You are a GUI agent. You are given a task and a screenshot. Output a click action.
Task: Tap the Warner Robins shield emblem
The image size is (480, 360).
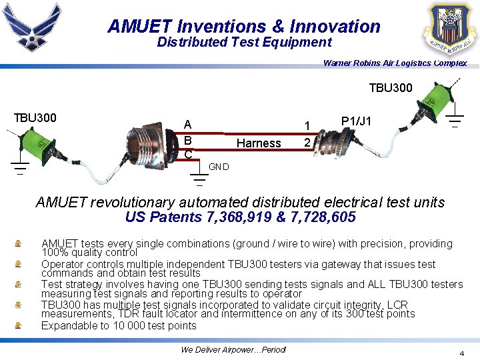tap(451, 30)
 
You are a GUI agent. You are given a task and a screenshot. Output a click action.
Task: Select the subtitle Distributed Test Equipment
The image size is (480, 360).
tap(244, 43)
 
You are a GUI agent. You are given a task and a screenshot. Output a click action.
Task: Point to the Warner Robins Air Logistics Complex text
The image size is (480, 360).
tap(395, 63)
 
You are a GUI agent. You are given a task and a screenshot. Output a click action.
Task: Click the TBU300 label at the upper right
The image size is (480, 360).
tap(391, 88)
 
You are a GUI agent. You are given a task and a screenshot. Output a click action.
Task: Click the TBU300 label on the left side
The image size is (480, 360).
tap(35, 118)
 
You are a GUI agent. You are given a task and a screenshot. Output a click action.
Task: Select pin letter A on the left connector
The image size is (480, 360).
tap(188, 125)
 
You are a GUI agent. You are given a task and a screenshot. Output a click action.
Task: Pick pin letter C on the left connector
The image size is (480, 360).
tap(188, 155)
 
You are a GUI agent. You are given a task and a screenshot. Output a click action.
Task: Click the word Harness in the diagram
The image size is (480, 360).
tap(259, 143)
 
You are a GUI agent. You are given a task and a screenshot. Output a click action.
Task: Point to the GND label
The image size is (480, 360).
tap(219, 167)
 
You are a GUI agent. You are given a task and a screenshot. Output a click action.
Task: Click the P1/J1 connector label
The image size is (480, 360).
tap(356, 121)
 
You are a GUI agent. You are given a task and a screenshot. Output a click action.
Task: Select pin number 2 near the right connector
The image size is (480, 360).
tap(307, 143)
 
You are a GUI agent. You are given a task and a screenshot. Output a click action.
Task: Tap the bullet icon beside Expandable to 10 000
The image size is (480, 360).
tap(19, 326)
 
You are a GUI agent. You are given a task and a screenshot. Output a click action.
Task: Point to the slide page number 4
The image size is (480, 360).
tap(461, 353)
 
